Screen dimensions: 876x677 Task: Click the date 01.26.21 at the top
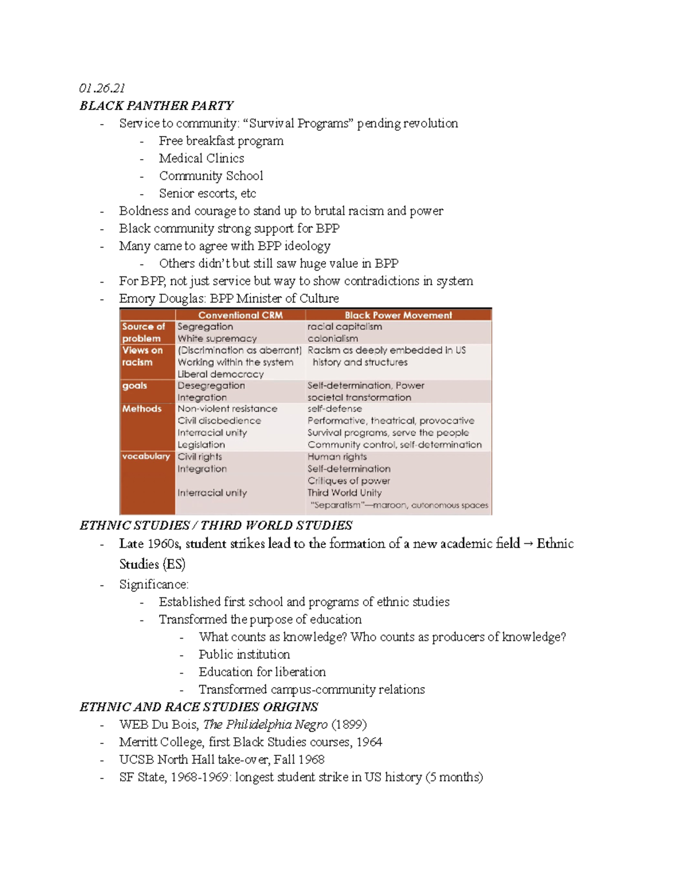pyautogui.click(x=102, y=88)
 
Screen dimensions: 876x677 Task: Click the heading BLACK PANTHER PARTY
pyautogui.click(x=156, y=105)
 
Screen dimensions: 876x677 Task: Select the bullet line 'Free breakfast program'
pyautogui.click(x=221, y=140)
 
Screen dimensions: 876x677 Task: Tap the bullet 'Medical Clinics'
pyautogui.click(x=201, y=158)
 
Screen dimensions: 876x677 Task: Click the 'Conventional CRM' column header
pyautogui.click(x=240, y=315)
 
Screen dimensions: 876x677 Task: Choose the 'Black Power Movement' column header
pyautogui.click(x=398, y=315)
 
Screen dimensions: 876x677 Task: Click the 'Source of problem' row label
pyautogui.click(x=143, y=332)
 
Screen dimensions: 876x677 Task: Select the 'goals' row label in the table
pyautogui.click(x=134, y=385)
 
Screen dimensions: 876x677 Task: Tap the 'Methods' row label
pyautogui.click(x=142, y=408)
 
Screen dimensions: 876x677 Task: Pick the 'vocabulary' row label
pyautogui.click(x=146, y=456)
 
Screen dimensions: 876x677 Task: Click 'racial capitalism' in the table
pyautogui.click(x=345, y=326)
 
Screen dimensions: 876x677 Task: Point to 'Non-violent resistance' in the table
pyautogui.click(x=227, y=408)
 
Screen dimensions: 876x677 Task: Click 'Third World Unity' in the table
pyautogui.click(x=344, y=492)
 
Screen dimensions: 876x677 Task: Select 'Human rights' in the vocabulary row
pyautogui.click(x=337, y=456)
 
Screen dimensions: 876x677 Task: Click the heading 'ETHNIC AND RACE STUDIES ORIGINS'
pyautogui.click(x=199, y=707)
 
